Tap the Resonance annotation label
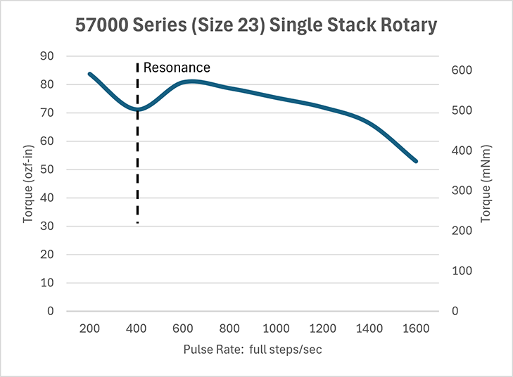[177, 68]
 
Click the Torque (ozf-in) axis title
[28, 183]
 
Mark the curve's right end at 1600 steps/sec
[416, 161]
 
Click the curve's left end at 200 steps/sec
[89, 74]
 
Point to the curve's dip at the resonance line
[137, 109]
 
